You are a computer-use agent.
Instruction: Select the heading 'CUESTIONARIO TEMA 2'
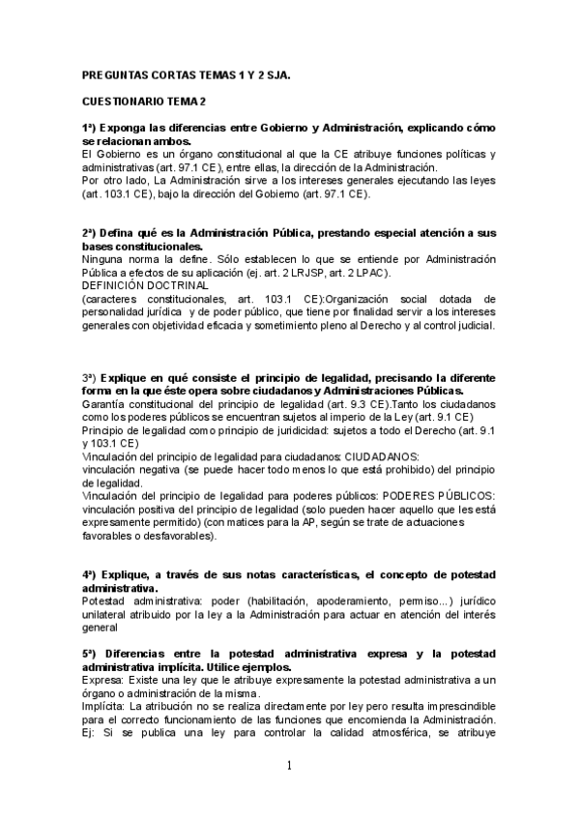click(x=144, y=102)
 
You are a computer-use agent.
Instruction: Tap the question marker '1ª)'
click(x=91, y=129)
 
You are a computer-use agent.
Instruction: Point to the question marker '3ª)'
click(x=91, y=376)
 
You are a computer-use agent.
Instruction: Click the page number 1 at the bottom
click(x=288, y=766)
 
